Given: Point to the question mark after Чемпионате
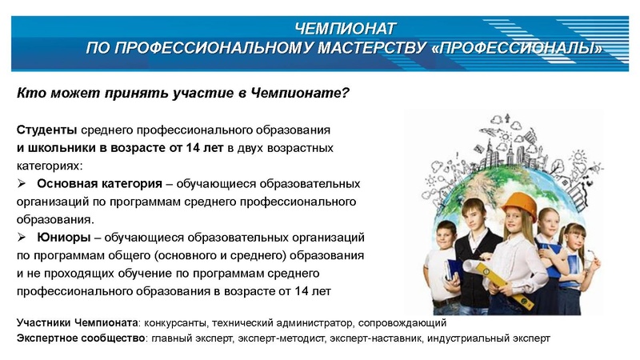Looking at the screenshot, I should pyautogui.click(x=346, y=93).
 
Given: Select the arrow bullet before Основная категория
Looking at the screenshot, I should pyautogui.click(x=22, y=183).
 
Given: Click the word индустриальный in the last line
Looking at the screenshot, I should pyautogui.click(x=467, y=338).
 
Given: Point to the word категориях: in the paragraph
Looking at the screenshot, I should pyautogui.click(x=49, y=166).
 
